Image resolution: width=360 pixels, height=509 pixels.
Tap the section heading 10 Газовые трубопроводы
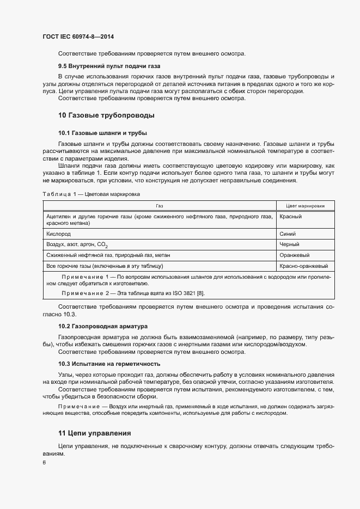coord(106,115)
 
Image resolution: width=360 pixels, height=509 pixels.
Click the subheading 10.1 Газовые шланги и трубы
coord(103,133)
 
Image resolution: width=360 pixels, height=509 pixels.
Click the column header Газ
coord(159,206)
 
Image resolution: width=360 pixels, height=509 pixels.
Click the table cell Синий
coord(288,232)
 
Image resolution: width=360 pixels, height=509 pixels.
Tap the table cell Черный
coord(289,244)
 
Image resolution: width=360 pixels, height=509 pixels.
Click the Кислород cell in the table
coord(59,232)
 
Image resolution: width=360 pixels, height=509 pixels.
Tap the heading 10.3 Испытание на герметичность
coord(109,364)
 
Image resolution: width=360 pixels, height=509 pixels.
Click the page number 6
coord(44,463)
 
